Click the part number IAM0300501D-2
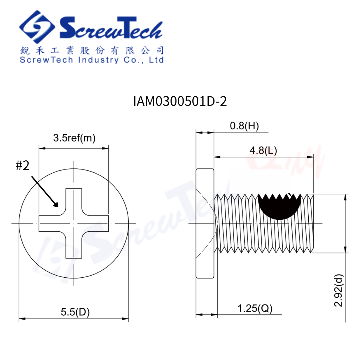(x=180, y=101)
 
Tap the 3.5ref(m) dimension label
(x=75, y=138)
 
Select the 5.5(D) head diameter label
(x=75, y=312)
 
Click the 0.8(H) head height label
(x=244, y=126)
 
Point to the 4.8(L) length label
(x=263, y=150)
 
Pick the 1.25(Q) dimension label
(x=255, y=308)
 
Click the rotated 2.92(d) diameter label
(x=339, y=290)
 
